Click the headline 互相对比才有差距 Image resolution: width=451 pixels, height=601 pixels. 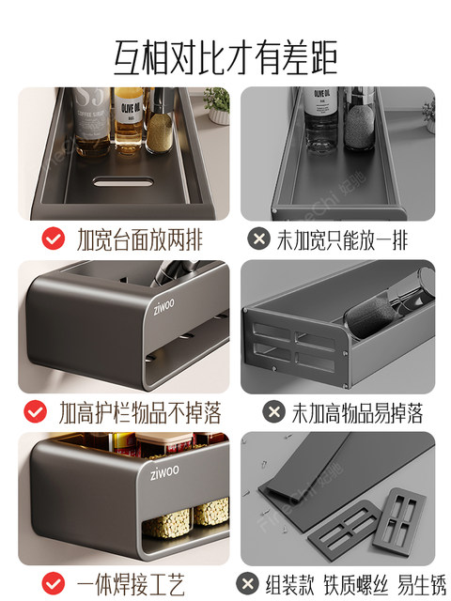(225, 55)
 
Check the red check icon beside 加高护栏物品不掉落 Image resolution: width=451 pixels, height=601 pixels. (36, 411)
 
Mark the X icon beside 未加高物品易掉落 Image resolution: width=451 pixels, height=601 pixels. (273, 411)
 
